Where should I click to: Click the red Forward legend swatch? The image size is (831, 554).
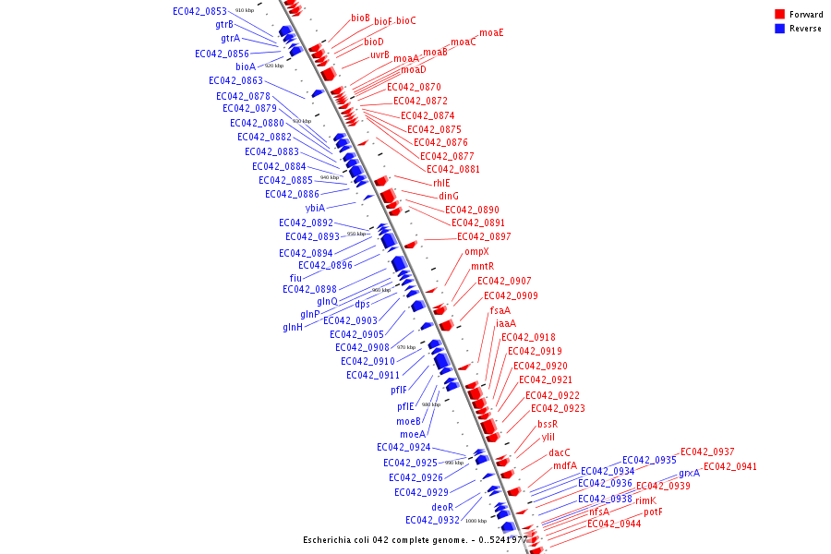(780, 15)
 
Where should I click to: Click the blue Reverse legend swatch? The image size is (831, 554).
(780, 29)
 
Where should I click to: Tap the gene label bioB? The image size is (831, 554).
(360, 18)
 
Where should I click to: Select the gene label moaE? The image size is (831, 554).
(491, 32)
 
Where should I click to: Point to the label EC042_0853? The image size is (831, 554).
(199, 11)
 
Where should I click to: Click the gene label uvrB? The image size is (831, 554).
(379, 54)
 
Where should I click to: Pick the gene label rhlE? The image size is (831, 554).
(441, 183)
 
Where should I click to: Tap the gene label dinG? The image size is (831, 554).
(449, 196)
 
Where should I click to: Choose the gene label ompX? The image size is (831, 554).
(476, 251)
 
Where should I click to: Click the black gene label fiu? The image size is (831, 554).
(295, 278)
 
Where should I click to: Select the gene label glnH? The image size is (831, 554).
(293, 327)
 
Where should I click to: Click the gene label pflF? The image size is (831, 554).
(398, 390)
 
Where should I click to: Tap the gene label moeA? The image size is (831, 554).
(413, 434)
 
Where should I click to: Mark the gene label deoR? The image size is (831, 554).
(442, 507)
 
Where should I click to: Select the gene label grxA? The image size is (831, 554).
(689, 474)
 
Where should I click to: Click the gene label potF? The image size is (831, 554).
(653, 512)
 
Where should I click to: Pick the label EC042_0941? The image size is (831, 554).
(729, 466)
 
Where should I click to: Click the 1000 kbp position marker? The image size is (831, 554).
(476, 521)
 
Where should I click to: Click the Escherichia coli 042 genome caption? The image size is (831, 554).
(415, 540)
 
